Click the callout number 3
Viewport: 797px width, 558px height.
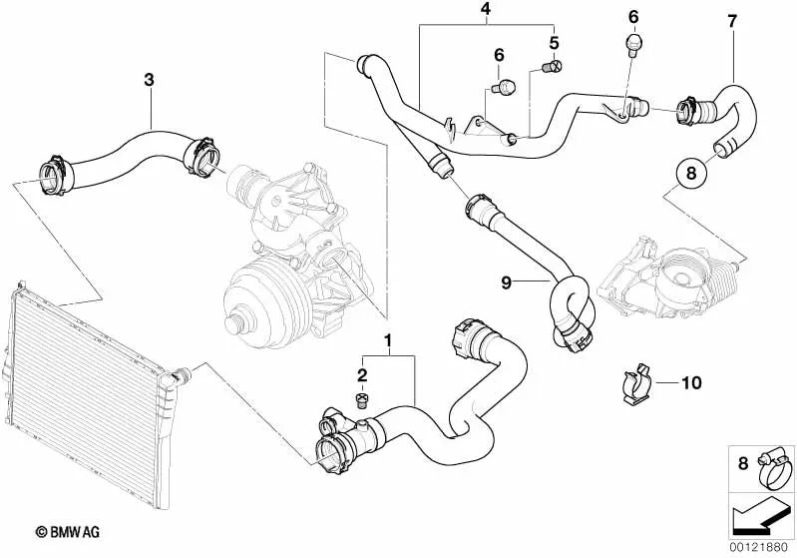pos(149,79)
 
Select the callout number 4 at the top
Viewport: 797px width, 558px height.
pos(485,12)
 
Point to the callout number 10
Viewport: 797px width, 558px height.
pos(691,382)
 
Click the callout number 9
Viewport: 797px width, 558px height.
pos(507,282)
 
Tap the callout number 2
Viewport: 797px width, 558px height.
pos(363,375)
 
